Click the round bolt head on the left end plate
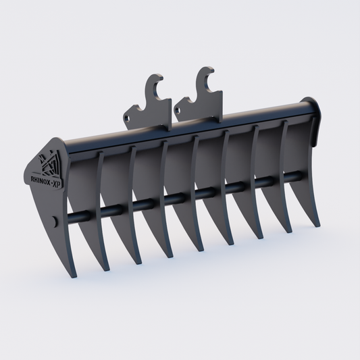pos(55,221)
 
